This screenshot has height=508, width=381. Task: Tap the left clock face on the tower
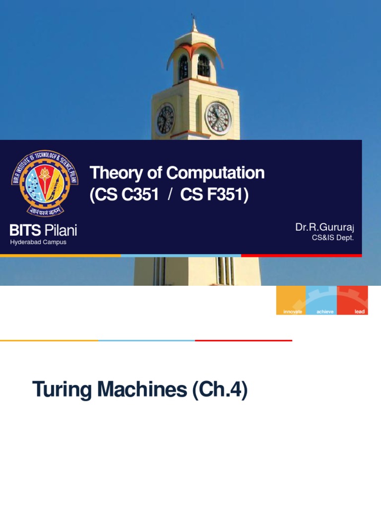pos(165,120)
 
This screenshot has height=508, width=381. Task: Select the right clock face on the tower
pos(218,119)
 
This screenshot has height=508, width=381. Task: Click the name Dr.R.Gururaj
pos(325,227)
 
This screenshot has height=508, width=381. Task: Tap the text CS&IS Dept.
pos(333,238)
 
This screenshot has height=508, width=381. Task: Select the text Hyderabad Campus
pos(38,242)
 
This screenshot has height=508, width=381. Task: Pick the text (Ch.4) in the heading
pos(219,390)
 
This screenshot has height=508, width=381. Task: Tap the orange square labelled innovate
pos(291,300)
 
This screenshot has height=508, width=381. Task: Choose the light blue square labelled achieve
pos(321,300)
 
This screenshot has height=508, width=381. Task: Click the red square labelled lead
pos(352,300)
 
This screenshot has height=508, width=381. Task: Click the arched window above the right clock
pos(203,65)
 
